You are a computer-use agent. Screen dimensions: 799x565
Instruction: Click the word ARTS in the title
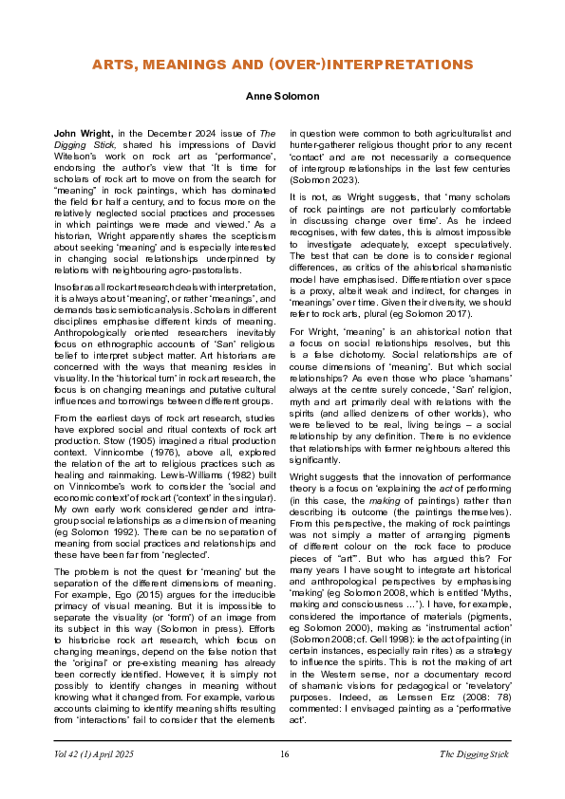tap(114, 65)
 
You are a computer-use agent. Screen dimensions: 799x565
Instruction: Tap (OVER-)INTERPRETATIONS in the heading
tap(383, 65)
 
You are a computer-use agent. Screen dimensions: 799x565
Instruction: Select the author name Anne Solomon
tap(282, 97)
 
